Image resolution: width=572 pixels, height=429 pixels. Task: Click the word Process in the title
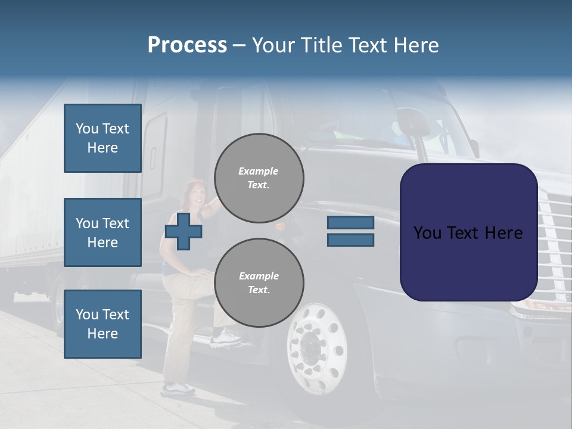click(187, 45)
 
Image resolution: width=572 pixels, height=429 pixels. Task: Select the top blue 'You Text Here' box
click(102, 138)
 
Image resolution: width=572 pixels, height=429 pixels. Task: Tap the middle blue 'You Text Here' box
click(102, 232)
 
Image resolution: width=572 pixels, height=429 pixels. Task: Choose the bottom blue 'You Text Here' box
click(102, 324)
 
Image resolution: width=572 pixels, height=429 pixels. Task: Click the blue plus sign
click(184, 231)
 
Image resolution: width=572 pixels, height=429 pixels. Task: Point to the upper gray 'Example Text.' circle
click(259, 178)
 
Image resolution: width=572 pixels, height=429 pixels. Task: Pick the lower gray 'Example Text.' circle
click(259, 283)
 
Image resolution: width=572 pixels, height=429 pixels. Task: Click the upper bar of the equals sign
click(350, 223)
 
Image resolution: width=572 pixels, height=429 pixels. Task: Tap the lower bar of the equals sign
click(350, 240)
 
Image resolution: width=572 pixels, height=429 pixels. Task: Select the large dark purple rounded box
click(468, 232)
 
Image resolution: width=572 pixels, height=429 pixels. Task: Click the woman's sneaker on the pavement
click(178, 388)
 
